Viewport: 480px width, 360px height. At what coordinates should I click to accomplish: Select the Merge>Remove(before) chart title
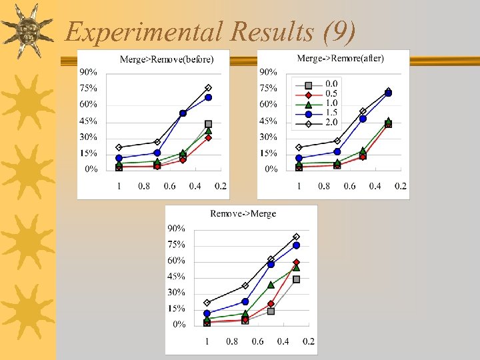pos(167,59)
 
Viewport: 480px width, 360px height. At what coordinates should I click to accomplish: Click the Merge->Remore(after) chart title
pos(340,59)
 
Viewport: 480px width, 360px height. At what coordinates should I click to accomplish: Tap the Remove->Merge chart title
pos(243,213)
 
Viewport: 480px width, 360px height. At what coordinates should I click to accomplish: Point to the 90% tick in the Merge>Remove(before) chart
pos(89,71)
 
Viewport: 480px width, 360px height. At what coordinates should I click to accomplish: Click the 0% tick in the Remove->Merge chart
pos(179,325)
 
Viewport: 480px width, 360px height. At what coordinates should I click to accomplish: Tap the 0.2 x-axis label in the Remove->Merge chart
pos(308,341)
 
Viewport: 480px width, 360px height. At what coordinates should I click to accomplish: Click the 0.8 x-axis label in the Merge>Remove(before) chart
pos(144,186)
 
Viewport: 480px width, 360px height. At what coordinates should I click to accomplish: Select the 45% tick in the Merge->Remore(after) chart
pos(269,121)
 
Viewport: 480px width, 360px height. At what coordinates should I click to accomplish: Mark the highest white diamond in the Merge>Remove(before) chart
pos(208,87)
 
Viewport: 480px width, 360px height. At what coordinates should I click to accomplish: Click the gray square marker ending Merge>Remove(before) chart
pos(208,124)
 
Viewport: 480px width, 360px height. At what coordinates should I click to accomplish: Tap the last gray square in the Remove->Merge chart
pos(296,279)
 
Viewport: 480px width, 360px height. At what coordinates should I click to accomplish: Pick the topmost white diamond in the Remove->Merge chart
pos(296,237)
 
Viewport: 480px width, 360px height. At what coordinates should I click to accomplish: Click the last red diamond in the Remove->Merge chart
pos(296,262)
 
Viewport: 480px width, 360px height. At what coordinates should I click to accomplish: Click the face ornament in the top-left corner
pos(27,30)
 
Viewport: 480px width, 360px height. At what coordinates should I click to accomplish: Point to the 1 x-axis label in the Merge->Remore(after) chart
pos(299,186)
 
